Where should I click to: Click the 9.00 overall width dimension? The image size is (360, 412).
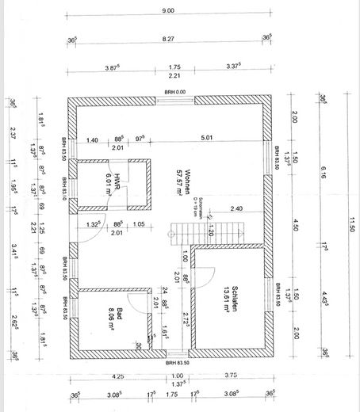[x=168, y=10]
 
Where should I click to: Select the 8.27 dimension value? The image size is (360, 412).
[x=168, y=37]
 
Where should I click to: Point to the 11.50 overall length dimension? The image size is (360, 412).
[x=350, y=229]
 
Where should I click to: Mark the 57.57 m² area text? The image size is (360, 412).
[x=191, y=176]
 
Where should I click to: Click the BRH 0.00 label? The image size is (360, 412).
[x=174, y=92]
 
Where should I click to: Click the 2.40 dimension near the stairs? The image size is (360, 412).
[x=236, y=208]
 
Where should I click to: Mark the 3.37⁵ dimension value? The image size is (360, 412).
[x=235, y=67]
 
